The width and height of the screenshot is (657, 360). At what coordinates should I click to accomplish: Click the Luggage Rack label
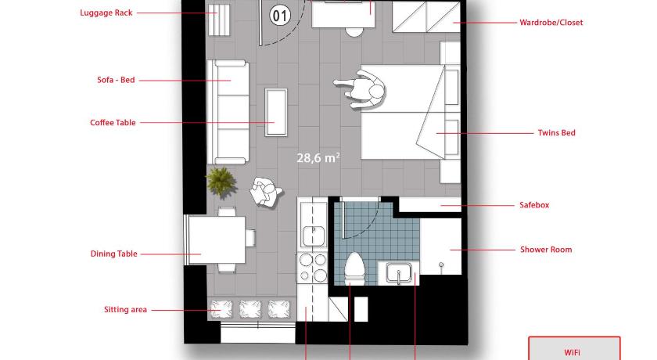pyautogui.click(x=106, y=13)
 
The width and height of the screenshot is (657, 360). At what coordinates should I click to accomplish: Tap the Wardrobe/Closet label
pyautogui.click(x=551, y=23)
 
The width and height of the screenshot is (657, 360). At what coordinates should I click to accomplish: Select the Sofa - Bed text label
pyautogui.click(x=116, y=80)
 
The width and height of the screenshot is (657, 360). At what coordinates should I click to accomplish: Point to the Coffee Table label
pyautogui.click(x=113, y=123)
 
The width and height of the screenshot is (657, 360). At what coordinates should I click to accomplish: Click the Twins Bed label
pyautogui.click(x=556, y=133)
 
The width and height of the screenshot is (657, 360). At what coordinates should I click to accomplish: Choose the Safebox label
pyautogui.click(x=534, y=205)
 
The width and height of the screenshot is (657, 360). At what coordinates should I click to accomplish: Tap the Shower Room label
pyautogui.click(x=546, y=250)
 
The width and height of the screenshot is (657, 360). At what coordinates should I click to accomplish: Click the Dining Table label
pyautogui.click(x=114, y=254)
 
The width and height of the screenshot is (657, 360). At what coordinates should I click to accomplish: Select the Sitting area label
pyautogui.click(x=125, y=310)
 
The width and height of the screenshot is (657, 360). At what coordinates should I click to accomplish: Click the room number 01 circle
pyautogui.click(x=280, y=16)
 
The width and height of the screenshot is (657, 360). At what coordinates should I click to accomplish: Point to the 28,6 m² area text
pyautogui.click(x=318, y=157)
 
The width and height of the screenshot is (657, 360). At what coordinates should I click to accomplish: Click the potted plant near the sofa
pyautogui.click(x=221, y=182)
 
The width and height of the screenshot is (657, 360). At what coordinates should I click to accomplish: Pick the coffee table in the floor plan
pyautogui.click(x=275, y=113)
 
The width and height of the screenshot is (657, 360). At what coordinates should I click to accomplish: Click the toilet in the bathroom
pyautogui.click(x=354, y=268)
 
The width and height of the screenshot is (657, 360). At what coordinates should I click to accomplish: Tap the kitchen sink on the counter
pyautogui.click(x=313, y=236)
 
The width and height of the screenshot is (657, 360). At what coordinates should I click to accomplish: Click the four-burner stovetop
pyautogui.click(x=313, y=268)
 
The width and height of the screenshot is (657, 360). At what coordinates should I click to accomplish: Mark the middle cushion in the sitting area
pyautogui.click(x=250, y=309)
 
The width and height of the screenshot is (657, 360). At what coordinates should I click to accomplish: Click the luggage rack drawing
pyautogui.click(x=219, y=20)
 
